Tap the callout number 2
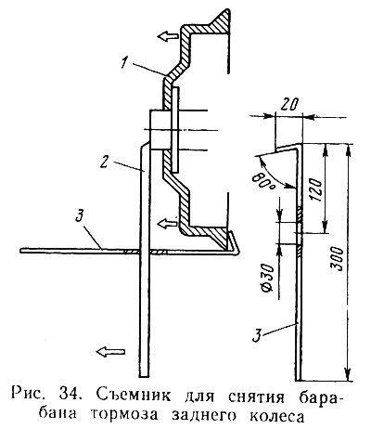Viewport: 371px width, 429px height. point(105,162)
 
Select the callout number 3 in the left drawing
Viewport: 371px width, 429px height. point(80,215)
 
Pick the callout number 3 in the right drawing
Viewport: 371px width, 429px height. point(257,335)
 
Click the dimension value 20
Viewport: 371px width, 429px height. point(289,105)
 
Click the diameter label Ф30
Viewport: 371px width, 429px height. point(268,278)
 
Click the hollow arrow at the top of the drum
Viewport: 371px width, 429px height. point(168,35)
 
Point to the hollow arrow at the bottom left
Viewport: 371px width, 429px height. point(110,351)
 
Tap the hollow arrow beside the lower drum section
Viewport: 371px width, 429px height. point(168,223)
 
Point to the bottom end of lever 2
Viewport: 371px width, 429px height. point(144,375)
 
